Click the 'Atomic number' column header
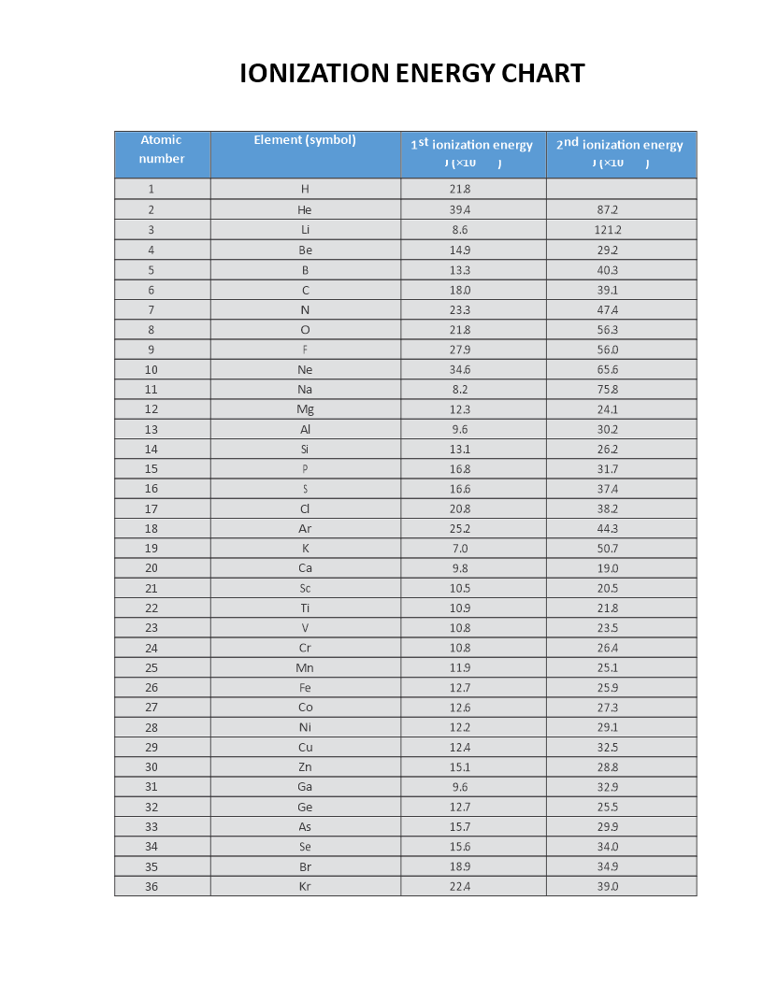click(x=162, y=150)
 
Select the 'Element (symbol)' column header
click(x=305, y=140)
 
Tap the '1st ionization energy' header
click(x=472, y=145)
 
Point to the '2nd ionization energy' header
click(x=620, y=145)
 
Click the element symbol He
click(x=305, y=209)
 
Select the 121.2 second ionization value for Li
click(x=608, y=230)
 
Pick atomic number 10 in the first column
click(x=151, y=369)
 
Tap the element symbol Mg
click(x=305, y=409)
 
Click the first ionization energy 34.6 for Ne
click(x=460, y=369)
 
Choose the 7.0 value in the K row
click(x=460, y=549)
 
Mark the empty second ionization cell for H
click(x=621, y=189)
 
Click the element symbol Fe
click(x=305, y=688)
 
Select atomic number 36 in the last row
click(x=151, y=887)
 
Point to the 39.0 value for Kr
click(x=608, y=887)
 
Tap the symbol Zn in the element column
click(x=305, y=767)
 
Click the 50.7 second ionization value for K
click(x=608, y=549)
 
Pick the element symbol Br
click(x=305, y=867)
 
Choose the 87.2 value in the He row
click(x=608, y=209)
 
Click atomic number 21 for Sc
click(x=151, y=589)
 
